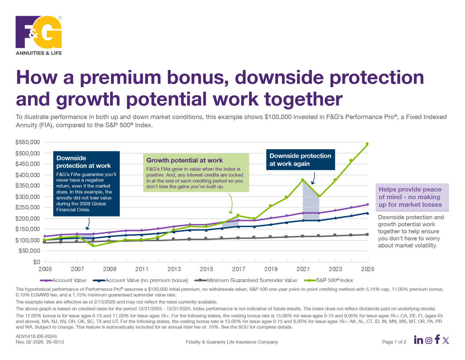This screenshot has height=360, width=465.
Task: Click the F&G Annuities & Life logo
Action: (x=39, y=35)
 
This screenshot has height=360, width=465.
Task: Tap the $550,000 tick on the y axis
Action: (x=28, y=142)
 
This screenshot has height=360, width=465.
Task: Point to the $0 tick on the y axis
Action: (x=36, y=262)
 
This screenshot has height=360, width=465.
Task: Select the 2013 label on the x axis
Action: (x=174, y=269)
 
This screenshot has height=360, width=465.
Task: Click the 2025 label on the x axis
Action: (x=368, y=269)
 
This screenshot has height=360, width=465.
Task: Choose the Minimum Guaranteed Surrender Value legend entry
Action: (x=252, y=280)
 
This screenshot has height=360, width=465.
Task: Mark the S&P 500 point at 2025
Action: (x=367, y=144)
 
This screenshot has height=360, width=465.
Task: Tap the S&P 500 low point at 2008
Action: (x=93, y=246)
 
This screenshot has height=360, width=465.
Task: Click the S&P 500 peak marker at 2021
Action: (x=303, y=180)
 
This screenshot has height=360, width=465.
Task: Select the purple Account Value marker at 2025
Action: (x=368, y=205)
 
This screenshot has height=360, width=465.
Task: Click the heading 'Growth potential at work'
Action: (x=185, y=160)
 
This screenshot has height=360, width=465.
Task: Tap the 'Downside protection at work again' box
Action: (x=300, y=160)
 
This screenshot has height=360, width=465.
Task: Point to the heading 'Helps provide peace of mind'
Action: (x=410, y=197)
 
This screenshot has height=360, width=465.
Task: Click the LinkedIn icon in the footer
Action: (x=418, y=340)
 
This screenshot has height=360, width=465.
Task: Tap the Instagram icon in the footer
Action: (x=429, y=341)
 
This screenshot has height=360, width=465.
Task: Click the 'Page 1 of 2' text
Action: (x=394, y=342)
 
